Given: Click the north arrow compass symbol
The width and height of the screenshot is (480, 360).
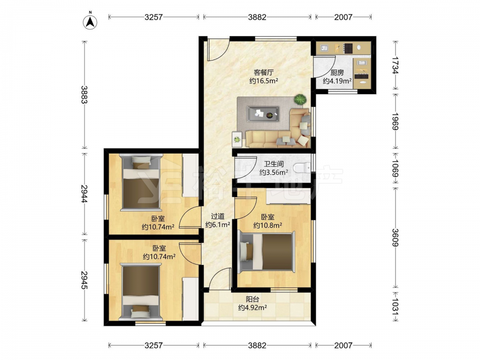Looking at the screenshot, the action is tap(90, 22).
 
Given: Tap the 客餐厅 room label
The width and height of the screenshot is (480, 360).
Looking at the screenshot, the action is tap(264, 72).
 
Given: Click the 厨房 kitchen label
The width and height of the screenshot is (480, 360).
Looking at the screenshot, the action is tap(337, 73).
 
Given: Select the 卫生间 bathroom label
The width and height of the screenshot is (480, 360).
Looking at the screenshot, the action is tap(274, 164).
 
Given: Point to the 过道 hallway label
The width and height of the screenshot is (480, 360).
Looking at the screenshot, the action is tap(217, 216).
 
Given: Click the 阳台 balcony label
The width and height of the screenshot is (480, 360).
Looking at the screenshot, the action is tap(252, 299).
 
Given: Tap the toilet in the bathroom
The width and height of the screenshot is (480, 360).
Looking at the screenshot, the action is tap(301, 168).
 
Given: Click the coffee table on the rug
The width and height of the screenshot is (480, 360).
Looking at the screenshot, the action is tap(263, 114).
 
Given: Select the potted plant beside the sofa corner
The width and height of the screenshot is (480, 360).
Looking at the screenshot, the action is tap(300, 99).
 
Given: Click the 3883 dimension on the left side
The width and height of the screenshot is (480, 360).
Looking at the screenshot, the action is tap(84, 95).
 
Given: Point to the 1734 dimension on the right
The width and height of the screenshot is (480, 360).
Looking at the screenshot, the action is tap(395, 65).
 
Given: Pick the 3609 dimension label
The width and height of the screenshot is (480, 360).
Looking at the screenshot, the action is tap(395, 238).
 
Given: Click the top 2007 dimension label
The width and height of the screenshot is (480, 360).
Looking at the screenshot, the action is tap(343, 17).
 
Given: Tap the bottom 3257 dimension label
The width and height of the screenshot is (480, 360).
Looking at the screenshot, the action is tap(154, 345).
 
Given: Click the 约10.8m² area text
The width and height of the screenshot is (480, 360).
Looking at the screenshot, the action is tap(267, 226).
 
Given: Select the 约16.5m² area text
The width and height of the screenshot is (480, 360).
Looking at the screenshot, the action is tap(264, 81).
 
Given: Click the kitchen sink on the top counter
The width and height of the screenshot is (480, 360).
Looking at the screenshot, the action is tap(324, 48).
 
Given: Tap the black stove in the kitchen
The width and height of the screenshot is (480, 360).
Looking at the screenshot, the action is tap(348, 48).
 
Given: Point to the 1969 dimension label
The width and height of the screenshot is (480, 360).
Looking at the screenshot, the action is tap(395, 121).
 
